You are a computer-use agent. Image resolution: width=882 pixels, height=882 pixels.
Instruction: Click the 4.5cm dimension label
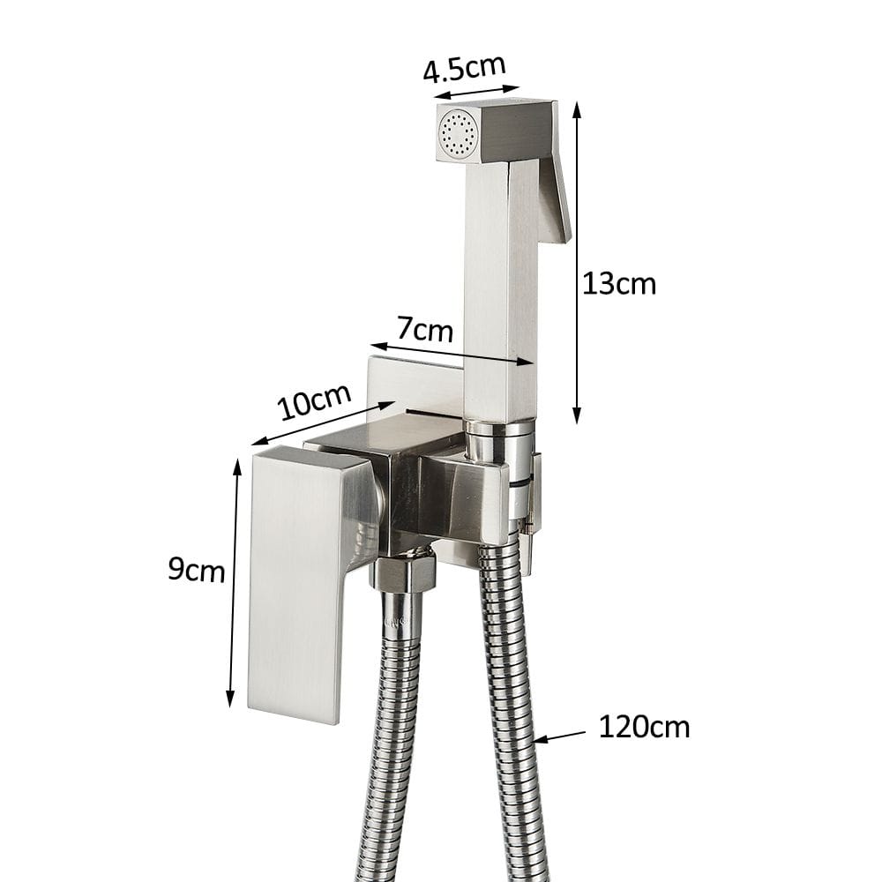pos(464,68)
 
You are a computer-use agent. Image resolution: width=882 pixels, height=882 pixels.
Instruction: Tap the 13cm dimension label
pos(619,283)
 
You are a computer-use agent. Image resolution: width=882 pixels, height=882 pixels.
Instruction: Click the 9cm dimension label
pos(196,570)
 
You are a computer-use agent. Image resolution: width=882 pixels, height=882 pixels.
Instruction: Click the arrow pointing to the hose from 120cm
pos(559,736)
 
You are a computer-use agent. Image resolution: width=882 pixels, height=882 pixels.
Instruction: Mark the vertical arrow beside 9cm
pos(235,582)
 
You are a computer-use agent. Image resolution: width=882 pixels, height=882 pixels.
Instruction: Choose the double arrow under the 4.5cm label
pos(477,92)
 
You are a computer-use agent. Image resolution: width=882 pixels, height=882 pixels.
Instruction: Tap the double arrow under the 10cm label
pos(323,423)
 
